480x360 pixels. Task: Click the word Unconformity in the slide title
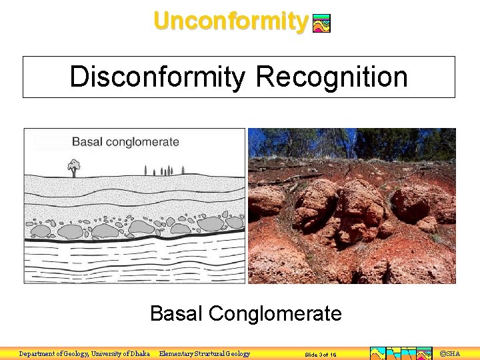point(230,21)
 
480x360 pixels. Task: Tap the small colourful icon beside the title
point(321,24)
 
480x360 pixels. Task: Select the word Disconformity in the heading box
point(157,77)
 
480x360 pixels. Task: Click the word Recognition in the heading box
point(331,77)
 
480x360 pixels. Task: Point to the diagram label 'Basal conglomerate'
point(125,142)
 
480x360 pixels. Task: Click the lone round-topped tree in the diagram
point(73,166)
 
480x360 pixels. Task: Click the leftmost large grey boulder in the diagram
point(41,231)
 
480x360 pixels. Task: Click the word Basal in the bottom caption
point(176,313)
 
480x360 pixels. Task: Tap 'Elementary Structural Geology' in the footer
point(205,354)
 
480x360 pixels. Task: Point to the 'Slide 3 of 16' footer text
point(321,355)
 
